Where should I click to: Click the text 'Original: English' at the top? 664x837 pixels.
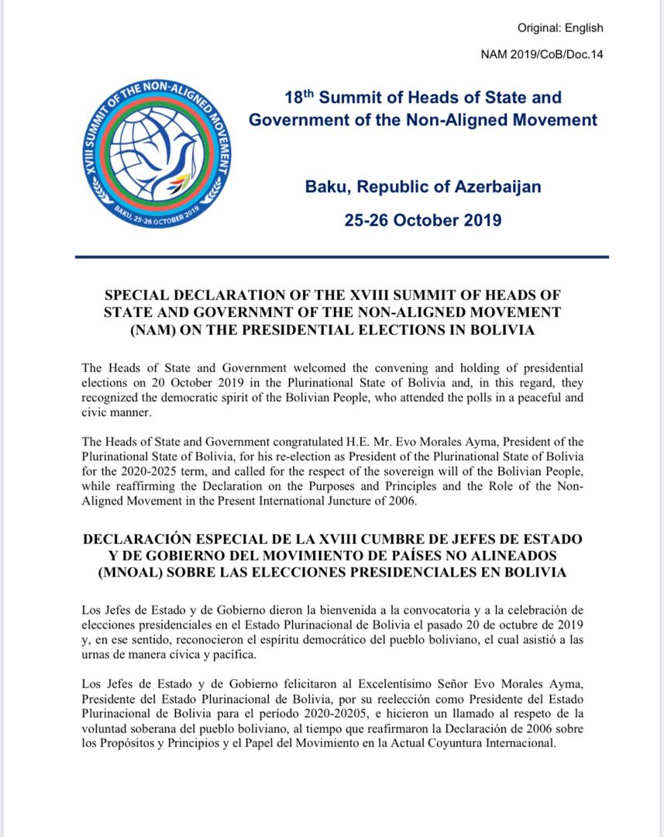tap(560, 29)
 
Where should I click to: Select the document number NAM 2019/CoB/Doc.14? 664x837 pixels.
tap(542, 54)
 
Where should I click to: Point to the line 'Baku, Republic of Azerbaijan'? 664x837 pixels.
tap(423, 187)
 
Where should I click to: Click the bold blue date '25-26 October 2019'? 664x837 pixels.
tap(423, 219)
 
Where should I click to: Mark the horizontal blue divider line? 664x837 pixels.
tap(342, 257)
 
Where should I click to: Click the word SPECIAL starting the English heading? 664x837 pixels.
tap(137, 295)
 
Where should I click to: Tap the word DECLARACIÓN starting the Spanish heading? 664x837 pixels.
tap(144, 539)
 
